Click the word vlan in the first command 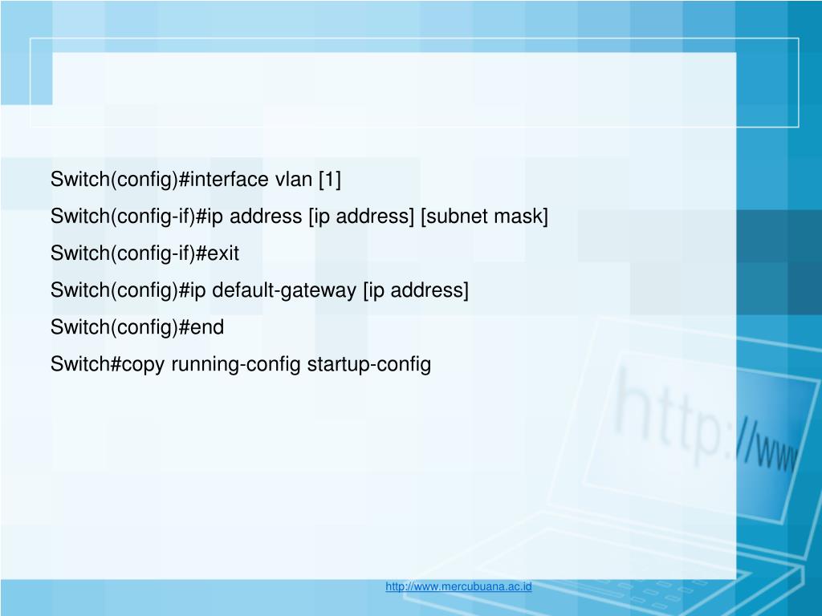tap(294, 180)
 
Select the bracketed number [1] tap(329, 180)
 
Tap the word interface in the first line tap(230, 180)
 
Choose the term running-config tap(236, 365)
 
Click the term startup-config tap(369, 365)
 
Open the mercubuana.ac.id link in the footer tap(458, 586)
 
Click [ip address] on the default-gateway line tap(416, 290)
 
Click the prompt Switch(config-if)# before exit tap(122, 253)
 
